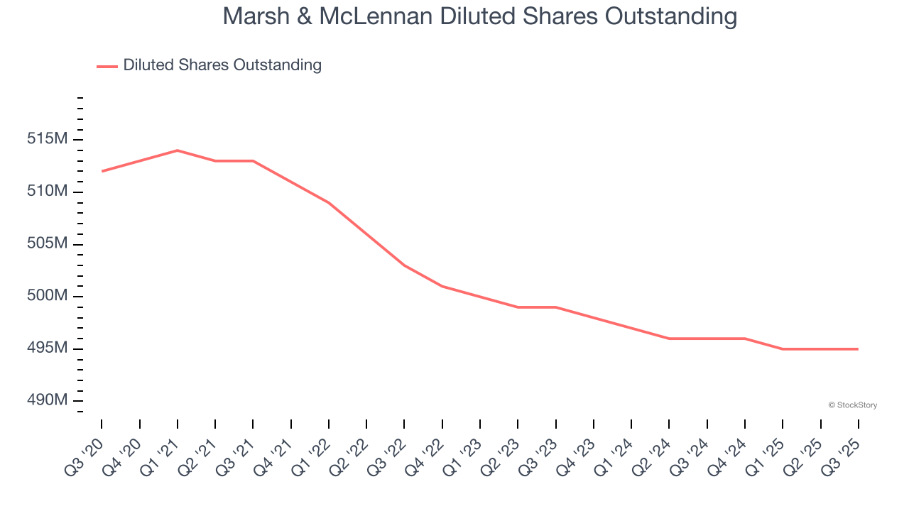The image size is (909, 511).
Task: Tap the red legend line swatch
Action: (x=107, y=66)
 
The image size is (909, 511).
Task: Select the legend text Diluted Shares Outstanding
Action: (x=222, y=65)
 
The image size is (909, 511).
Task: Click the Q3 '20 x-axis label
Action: (x=84, y=452)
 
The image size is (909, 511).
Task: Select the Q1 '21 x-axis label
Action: (x=160, y=452)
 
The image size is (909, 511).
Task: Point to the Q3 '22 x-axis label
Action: (x=387, y=452)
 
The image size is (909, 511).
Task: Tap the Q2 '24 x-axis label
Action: (x=652, y=452)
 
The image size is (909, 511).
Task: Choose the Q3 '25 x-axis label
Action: (x=842, y=452)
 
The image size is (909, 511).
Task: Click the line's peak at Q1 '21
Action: (x=177, y=150)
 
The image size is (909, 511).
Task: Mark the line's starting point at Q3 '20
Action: (x=102, y=171)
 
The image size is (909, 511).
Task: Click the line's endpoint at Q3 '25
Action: (x=858, y=349)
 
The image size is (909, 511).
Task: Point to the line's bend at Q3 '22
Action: (x=404, y=265)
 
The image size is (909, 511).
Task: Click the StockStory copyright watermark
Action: (x=852, y=405)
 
